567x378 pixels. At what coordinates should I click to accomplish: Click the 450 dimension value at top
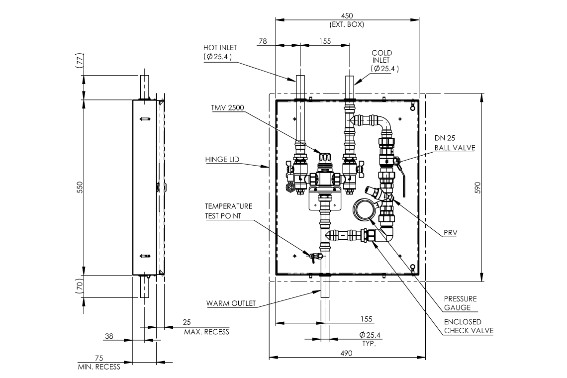click(347, 15)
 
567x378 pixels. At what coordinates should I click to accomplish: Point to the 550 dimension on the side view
click(79, 187)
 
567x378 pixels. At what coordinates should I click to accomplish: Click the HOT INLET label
click(220, 48)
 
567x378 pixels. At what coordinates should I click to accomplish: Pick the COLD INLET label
click(382, 56)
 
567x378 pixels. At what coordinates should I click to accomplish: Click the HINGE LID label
click(222, 160)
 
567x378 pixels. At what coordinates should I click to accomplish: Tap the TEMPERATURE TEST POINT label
click(229, 211)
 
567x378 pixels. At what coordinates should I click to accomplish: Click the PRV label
click(450, 232)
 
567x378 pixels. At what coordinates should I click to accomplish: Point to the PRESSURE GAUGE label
click(460, 303)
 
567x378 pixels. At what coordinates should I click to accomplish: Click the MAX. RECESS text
click(206, 332)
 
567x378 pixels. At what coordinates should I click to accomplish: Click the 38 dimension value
click(109, 336)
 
